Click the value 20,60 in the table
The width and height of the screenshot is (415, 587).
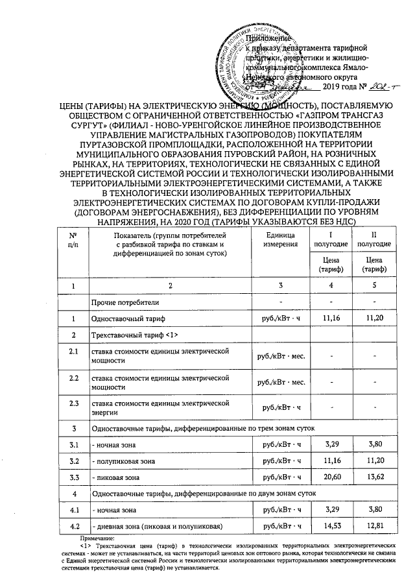(335, 477)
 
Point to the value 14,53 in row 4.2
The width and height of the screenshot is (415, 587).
(335, 523)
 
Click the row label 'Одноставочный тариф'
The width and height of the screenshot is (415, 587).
(129, 318)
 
